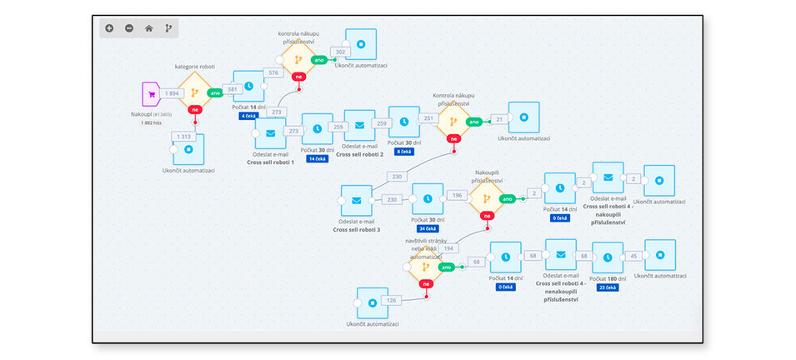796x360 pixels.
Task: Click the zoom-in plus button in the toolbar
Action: pos(109,28)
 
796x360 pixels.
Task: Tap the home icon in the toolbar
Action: pos(148,28)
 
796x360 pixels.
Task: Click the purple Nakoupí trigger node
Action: pos(152,94)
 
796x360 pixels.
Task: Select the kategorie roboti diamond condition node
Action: pos(195,93)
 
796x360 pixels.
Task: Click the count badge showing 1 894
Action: pos(173,93)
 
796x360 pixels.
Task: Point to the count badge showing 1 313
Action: pos(184,137)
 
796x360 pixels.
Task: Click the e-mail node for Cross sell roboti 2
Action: pos(359,126)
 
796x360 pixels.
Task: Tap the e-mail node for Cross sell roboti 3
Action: pos(356,201)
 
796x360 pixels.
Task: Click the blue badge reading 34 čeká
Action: pos(427,228)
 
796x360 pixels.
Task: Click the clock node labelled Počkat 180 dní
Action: pos(607,256)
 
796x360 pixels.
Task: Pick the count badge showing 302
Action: pos(339,52)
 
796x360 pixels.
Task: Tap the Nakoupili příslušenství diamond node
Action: pos(485,199)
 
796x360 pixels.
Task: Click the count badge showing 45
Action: pos(635,256)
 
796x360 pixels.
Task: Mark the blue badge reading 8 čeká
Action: pos(403,152)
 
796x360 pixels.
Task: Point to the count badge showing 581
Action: pos(233,89)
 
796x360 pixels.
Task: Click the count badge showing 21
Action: pos(499,119)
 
